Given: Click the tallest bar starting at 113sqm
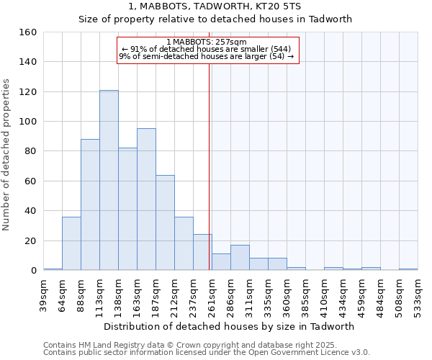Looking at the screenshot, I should point(109,180).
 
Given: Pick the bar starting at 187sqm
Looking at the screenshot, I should point(165,222).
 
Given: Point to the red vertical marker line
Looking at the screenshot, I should point(209,166).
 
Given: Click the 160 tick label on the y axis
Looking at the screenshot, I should point(27,32).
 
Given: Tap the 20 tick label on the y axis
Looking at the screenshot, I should point(30,240).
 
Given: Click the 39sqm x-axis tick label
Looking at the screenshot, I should point(43,294).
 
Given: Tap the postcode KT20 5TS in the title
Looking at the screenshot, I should point(285,6).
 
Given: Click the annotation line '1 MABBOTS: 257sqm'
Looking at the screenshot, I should point(207,42).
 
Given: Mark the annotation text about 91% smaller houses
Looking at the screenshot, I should point(207,49).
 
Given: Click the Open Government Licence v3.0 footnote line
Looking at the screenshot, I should point(207,352).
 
